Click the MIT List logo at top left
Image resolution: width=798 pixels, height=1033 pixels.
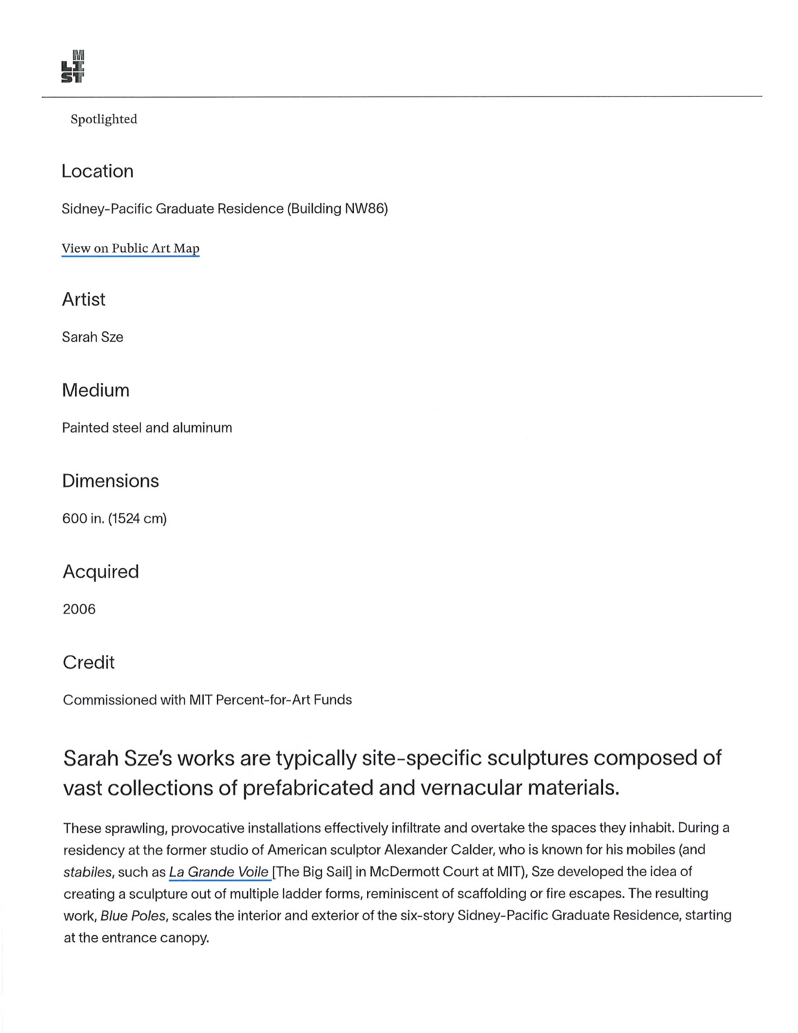(73, 67)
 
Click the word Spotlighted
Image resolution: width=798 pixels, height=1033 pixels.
(104, 119)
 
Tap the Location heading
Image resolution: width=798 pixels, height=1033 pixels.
(97, 171)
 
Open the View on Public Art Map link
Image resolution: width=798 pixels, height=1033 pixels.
(130, 249)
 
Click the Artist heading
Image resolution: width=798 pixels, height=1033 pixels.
(83, 299)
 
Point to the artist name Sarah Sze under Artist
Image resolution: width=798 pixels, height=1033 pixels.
(92, 337)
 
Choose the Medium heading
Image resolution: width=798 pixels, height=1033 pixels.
(96, 390)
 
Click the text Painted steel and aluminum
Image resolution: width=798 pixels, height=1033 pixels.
(147, 428)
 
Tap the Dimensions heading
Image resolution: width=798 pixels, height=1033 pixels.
(110, 481)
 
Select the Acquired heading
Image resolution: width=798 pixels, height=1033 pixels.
(101, 572)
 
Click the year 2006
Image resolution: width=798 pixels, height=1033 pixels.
(79, 609)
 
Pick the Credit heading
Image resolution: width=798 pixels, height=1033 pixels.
(89, 662)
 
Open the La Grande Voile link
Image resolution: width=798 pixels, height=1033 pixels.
(218, 872)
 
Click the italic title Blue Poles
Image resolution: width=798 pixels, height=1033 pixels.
(133, 916)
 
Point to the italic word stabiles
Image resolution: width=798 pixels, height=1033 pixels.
(87, 873)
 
